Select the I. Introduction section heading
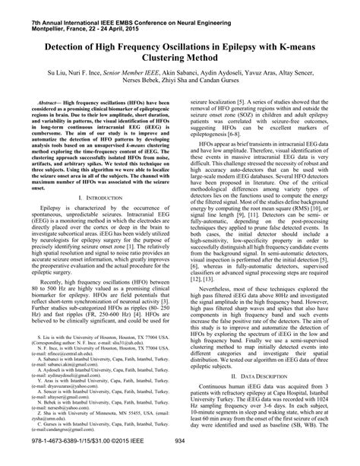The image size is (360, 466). pyautogui.click(x=92, y=197)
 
